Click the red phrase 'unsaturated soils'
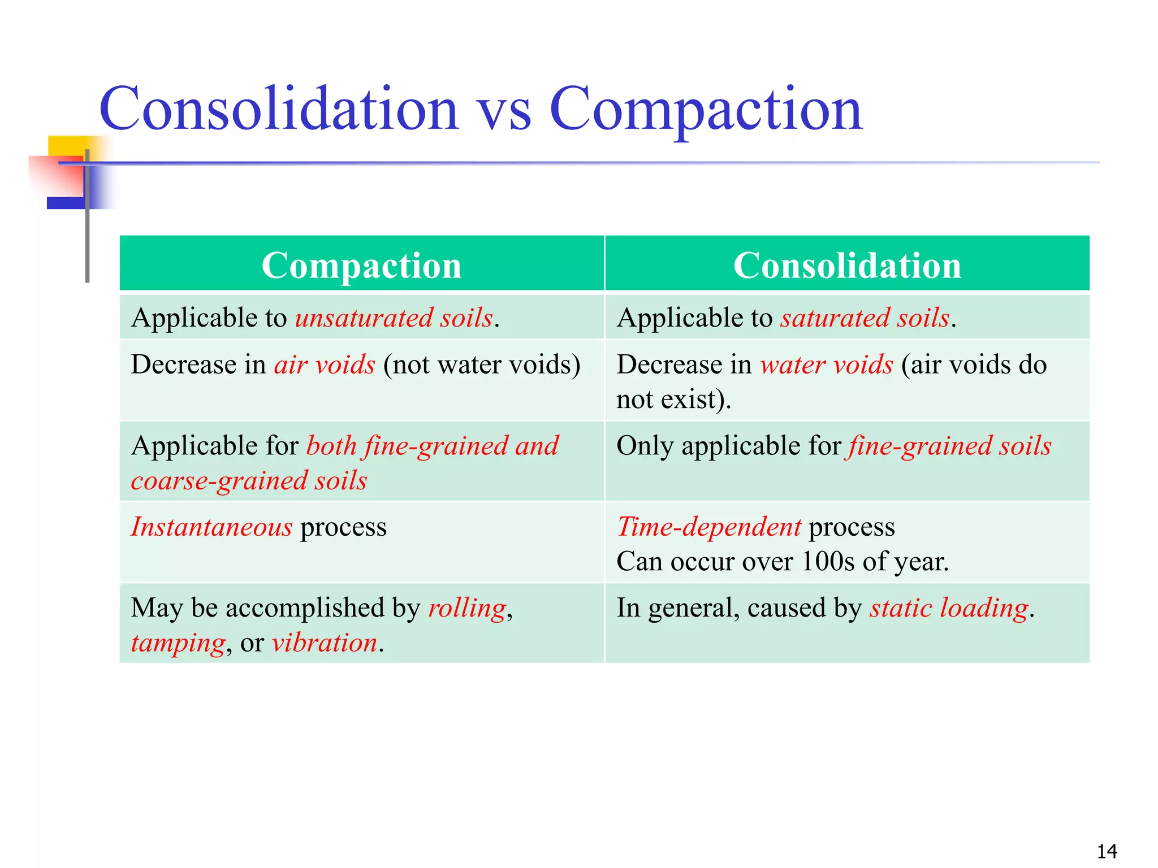[x=394, y=318]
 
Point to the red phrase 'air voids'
[x=325, y=365]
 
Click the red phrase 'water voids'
[x=826, y=365]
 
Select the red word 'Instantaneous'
[x=211, y=527]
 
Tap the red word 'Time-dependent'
[x=709, y=527]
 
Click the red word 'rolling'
[x=467, y=609]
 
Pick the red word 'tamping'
[x=178, y=644]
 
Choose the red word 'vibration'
[x=324, y=644]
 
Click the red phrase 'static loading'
[x=949, y=609]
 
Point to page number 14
[x=1107, y=851]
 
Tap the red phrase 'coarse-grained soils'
[x=249, y=481]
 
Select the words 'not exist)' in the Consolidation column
[x=673, y=400]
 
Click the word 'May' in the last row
[x=157, y=609]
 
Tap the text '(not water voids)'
[x=481, y=365]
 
